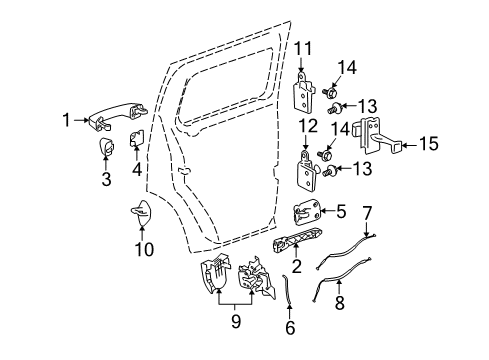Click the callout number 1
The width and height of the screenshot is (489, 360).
coord(67,120)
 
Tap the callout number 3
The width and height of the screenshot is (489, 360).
coord(105,180)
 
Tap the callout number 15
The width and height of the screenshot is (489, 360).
coord(428,145)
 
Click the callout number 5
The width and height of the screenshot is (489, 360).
coord(343,212)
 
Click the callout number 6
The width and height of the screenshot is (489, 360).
coord(289,327)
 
